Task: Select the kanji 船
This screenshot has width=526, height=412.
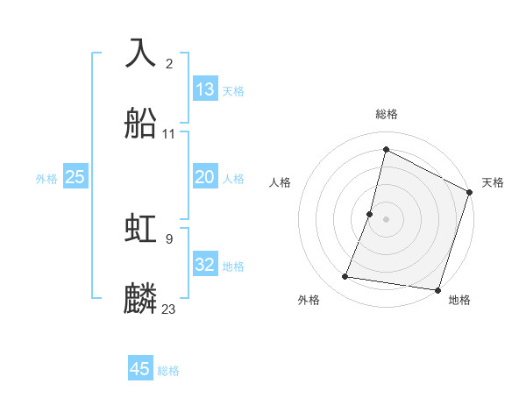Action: coord(141,124)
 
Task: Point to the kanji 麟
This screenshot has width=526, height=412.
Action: coord(141,299)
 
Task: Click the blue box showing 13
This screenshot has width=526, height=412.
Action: coord(205,89)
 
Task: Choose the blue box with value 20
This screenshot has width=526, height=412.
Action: coord(205,177)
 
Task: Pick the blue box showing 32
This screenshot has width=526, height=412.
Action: coord(205,265)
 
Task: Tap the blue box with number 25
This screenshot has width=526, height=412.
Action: coord(75,177)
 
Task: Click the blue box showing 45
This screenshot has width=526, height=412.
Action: coord(140,369)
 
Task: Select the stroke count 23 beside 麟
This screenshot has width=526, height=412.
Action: coord(169,309)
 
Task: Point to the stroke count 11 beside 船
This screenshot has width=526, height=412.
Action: coord(169,134)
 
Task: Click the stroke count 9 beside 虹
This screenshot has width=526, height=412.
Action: coord(169,238)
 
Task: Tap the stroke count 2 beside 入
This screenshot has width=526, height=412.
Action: coord(169,63)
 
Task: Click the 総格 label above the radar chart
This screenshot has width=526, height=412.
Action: coord(387,114)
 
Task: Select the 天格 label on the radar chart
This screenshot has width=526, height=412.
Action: coord(493,182)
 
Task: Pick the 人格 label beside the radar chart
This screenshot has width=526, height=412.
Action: coord(281,182)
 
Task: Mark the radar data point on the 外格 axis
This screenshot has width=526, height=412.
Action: coord(345,277)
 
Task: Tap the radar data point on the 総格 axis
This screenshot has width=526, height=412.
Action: coord(386,149)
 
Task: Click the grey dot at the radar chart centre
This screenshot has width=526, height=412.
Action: coord(386,218)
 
